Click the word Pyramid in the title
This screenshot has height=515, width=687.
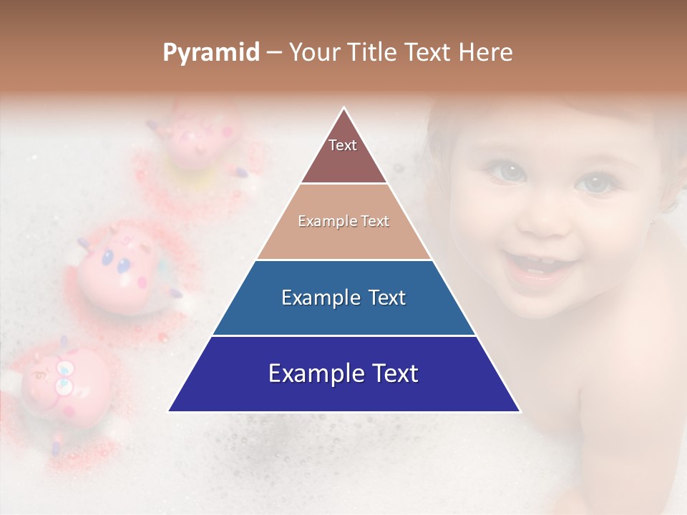coord(210,53)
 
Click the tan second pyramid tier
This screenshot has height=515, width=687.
coord(343,222)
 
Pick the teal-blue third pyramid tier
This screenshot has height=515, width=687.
coord(343,298)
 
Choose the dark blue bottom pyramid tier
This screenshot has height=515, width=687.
coord(343,374)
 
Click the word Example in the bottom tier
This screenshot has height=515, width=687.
coord(310,374)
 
